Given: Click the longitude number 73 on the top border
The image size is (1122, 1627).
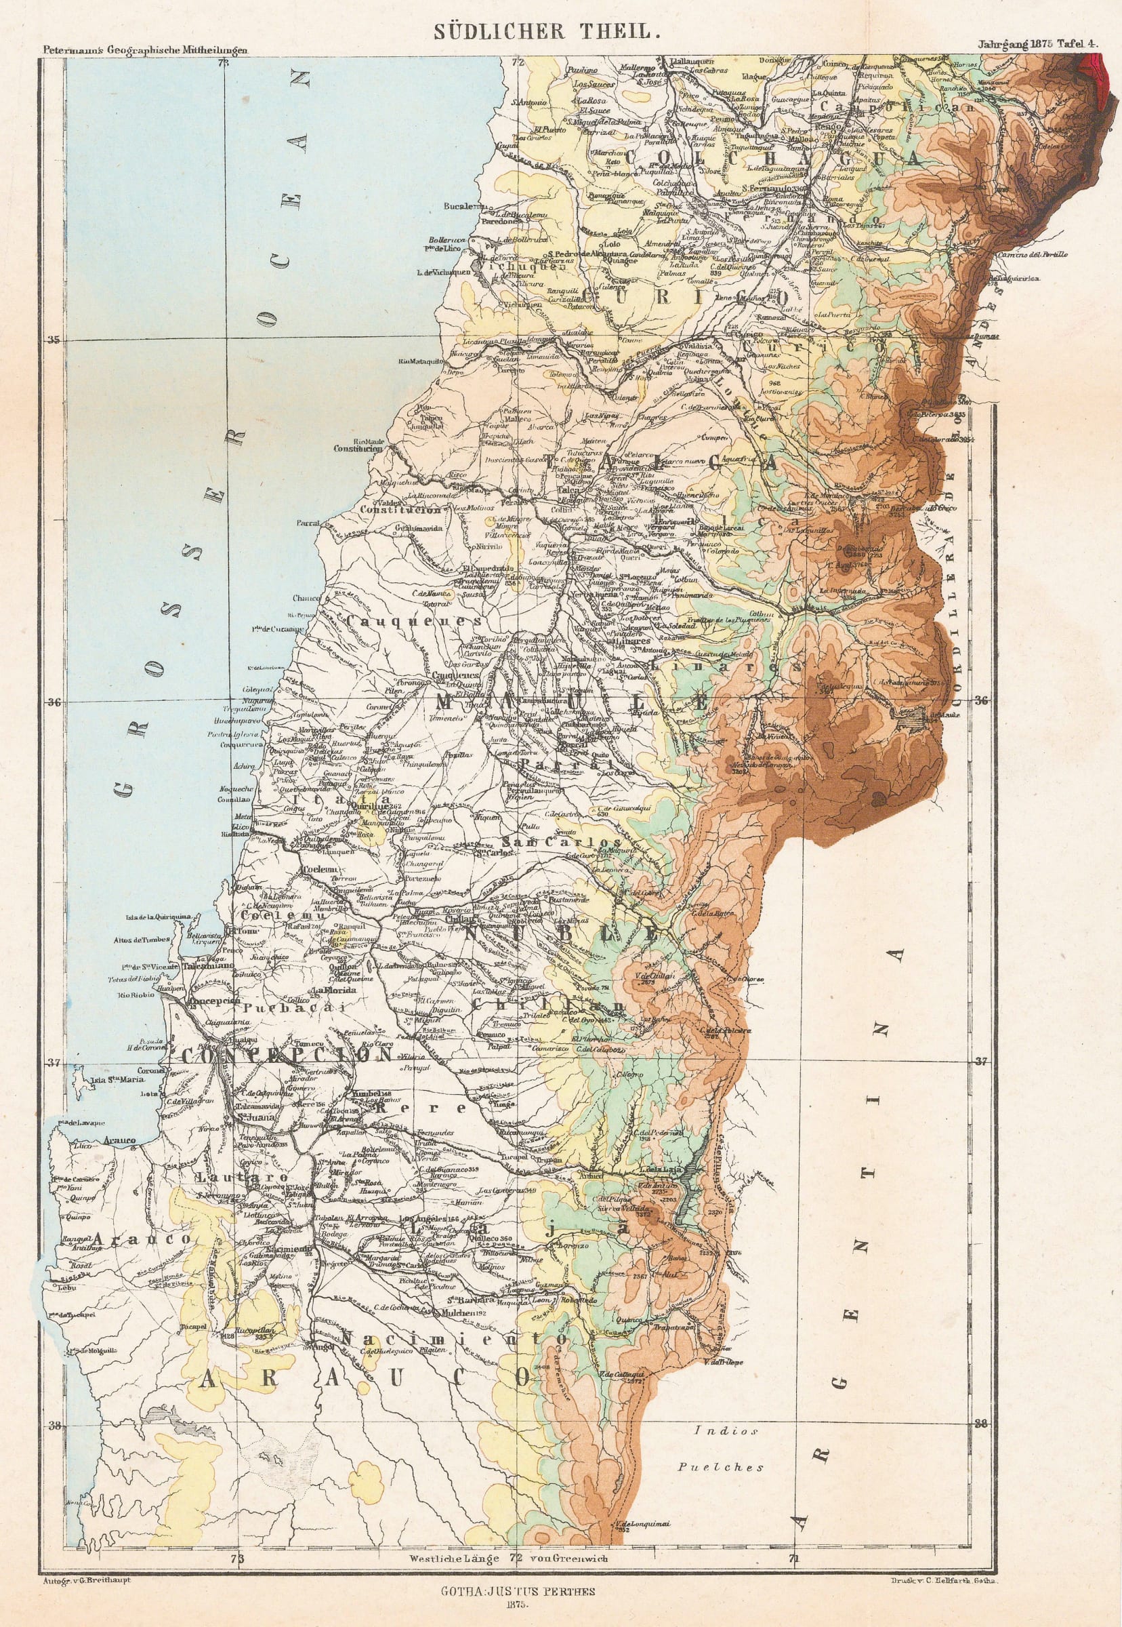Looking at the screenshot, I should (x=224, y=63).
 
